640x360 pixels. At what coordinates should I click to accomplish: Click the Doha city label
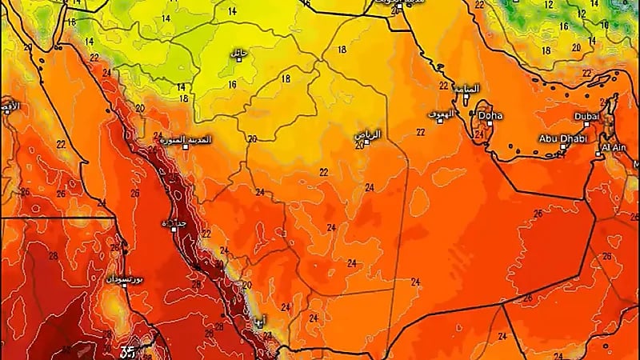490,116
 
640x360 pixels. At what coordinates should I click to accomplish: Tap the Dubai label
586,116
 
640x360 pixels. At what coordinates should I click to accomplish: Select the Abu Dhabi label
562,138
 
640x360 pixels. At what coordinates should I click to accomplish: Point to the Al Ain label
613,147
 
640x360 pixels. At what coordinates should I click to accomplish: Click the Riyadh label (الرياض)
367,134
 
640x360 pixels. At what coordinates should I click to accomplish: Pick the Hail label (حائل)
237,54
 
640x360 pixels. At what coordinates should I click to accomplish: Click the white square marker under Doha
485,125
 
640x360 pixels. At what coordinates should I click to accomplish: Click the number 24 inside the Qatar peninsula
479,134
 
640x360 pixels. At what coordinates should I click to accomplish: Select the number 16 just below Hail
232,84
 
